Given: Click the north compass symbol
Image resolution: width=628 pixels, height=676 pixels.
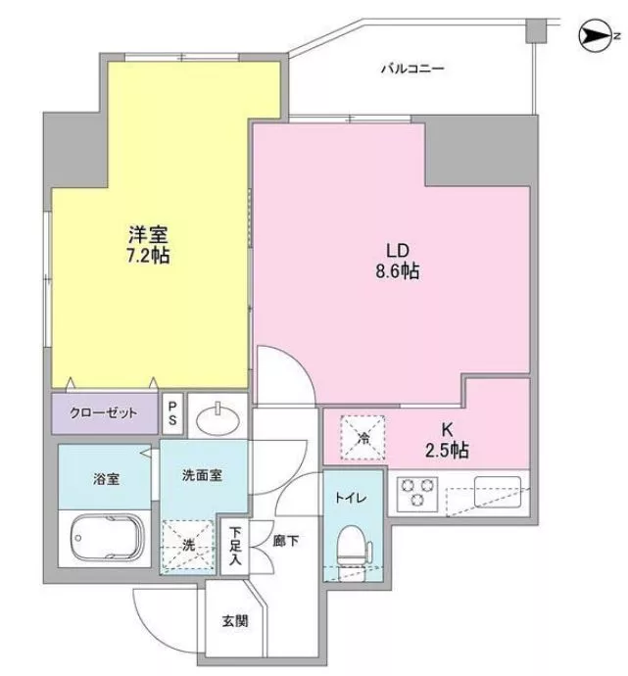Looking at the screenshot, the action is click(596, 36).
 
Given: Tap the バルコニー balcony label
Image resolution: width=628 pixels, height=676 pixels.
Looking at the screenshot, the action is click(412, 69).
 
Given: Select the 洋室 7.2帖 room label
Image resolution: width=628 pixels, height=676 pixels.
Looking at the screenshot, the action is click(148, 245).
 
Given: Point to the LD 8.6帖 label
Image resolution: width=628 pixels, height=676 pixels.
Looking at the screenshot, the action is click(398, 261).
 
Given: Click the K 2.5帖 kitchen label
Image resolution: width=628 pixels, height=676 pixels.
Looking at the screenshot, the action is click(447, 440).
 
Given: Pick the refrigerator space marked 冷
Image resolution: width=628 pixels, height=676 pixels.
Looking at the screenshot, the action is click(362, 438).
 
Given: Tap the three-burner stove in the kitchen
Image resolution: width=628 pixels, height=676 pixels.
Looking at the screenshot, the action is click(416, 494).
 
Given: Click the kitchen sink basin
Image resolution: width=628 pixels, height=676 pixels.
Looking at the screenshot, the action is click(498, 492).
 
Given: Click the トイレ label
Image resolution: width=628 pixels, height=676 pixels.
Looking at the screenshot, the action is click(352, 498).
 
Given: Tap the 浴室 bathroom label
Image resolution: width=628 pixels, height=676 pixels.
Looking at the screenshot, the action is click(106, 478).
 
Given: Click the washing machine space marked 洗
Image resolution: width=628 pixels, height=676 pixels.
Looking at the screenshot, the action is click(188, 547).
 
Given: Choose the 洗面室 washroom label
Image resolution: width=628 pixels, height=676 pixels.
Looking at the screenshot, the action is click(202, 475).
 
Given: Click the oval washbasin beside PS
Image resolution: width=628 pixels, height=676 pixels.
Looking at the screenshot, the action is click(217, 419).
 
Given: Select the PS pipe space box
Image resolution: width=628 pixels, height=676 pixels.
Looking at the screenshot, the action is click(172, 413).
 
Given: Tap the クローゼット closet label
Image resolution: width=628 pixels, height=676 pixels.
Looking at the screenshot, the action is click(104, 413).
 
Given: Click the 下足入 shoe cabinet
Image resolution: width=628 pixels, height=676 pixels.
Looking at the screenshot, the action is click(234, 546).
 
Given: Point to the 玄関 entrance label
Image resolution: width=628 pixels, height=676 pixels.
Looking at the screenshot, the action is click(235, 621).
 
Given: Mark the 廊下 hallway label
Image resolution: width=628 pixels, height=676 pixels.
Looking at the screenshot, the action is click(286, 541).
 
